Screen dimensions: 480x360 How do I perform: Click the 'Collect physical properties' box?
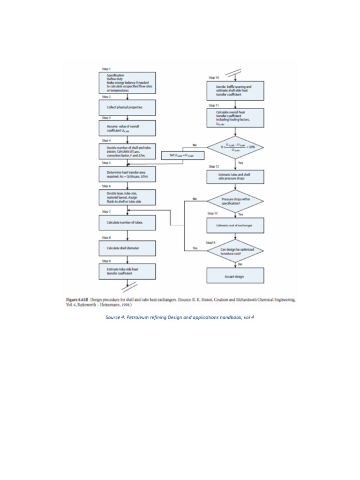[127, 107]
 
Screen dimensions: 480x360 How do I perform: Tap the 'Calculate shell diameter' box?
[127, 248]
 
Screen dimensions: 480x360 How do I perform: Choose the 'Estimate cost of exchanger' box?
[235, 225]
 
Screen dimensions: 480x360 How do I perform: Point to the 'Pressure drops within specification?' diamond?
[235, 201]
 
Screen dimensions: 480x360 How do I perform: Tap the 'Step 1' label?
[107, 68]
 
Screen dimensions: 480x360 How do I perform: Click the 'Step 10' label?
[214, 77]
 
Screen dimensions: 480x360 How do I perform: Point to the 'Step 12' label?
[214, 166]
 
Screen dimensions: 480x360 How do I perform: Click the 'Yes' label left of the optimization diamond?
[195, 248]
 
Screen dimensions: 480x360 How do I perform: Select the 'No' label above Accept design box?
[240, 264]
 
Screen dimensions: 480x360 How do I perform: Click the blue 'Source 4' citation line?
[180, 318]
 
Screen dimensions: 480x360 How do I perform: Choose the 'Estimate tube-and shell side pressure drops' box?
[235, 176]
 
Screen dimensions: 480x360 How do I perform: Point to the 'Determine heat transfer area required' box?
[127, 175]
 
